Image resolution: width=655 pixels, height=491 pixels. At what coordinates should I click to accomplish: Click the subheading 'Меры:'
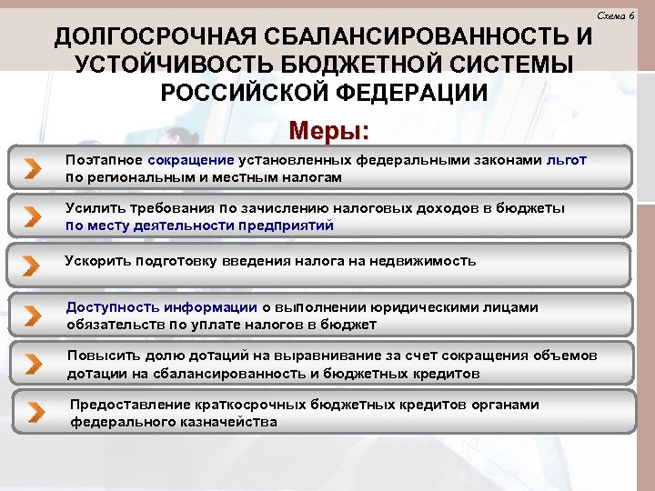[328, 131]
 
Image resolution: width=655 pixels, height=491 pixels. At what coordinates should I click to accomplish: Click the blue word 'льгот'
[567, 159]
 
